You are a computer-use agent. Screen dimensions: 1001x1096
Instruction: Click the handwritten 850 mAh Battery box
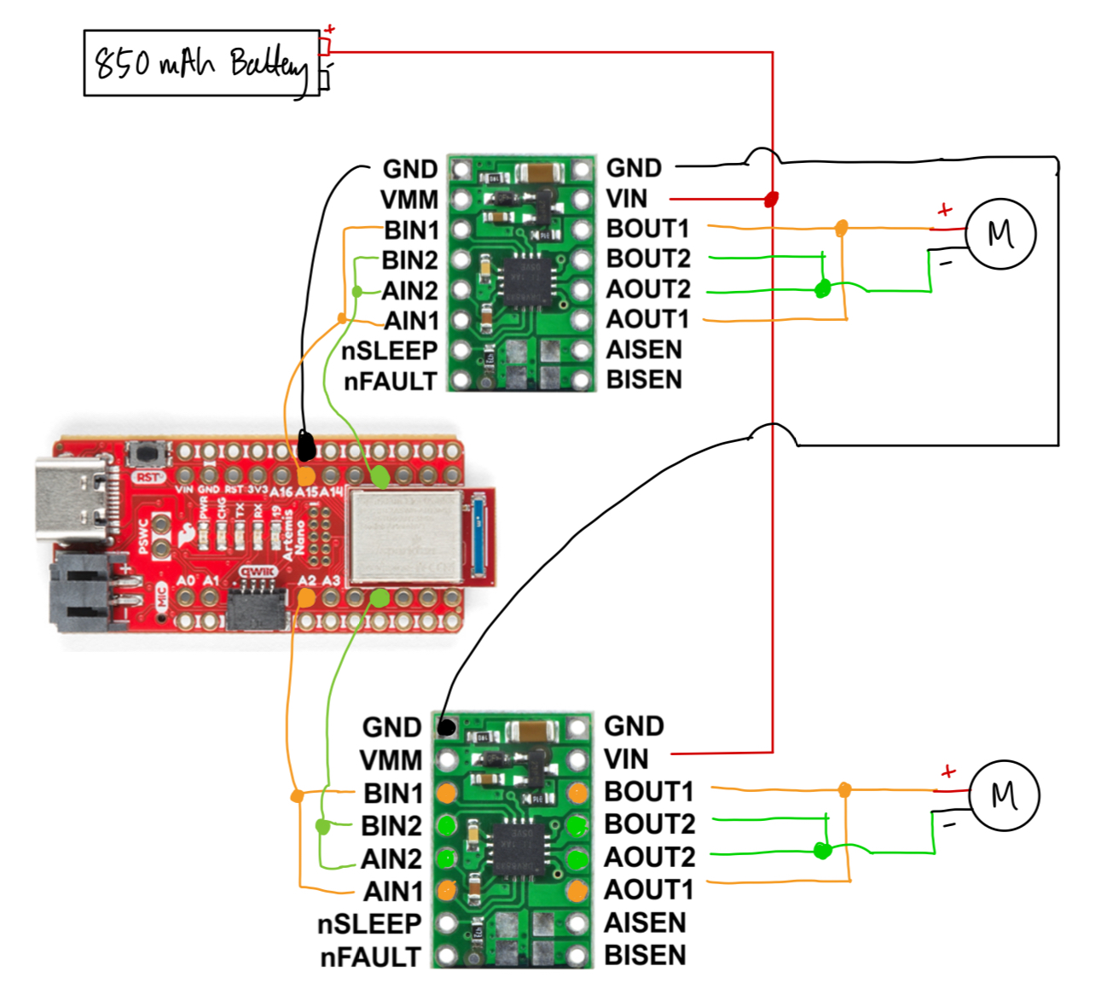click(201, 63)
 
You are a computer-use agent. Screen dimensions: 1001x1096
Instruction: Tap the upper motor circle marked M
click(1000, 233)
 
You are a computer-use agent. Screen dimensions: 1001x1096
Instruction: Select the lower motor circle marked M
click(1004, 795)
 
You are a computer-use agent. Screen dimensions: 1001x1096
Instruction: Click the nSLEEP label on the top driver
click(389, 351)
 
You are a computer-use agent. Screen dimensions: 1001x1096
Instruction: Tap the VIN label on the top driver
click(626, 199)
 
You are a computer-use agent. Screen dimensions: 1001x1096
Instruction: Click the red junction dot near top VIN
click(771, 200)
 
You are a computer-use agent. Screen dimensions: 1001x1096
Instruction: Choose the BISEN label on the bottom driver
click(644, 955)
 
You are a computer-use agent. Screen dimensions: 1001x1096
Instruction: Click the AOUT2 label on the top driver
click(647, 289)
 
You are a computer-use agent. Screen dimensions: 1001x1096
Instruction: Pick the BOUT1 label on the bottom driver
click(648, 792)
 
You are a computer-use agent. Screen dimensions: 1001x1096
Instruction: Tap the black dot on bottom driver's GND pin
click(445, 727)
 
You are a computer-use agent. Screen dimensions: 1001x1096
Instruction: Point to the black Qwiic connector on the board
click(256, 607)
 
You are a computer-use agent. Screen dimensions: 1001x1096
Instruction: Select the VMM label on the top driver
click(409, 200)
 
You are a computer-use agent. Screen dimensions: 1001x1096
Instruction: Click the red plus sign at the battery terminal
click(330, 30)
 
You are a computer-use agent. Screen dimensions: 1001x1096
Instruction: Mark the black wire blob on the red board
click(305, 445)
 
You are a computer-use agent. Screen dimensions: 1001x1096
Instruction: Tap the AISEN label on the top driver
click(643, 350)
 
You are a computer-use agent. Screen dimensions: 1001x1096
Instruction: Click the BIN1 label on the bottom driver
click(392, 794)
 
